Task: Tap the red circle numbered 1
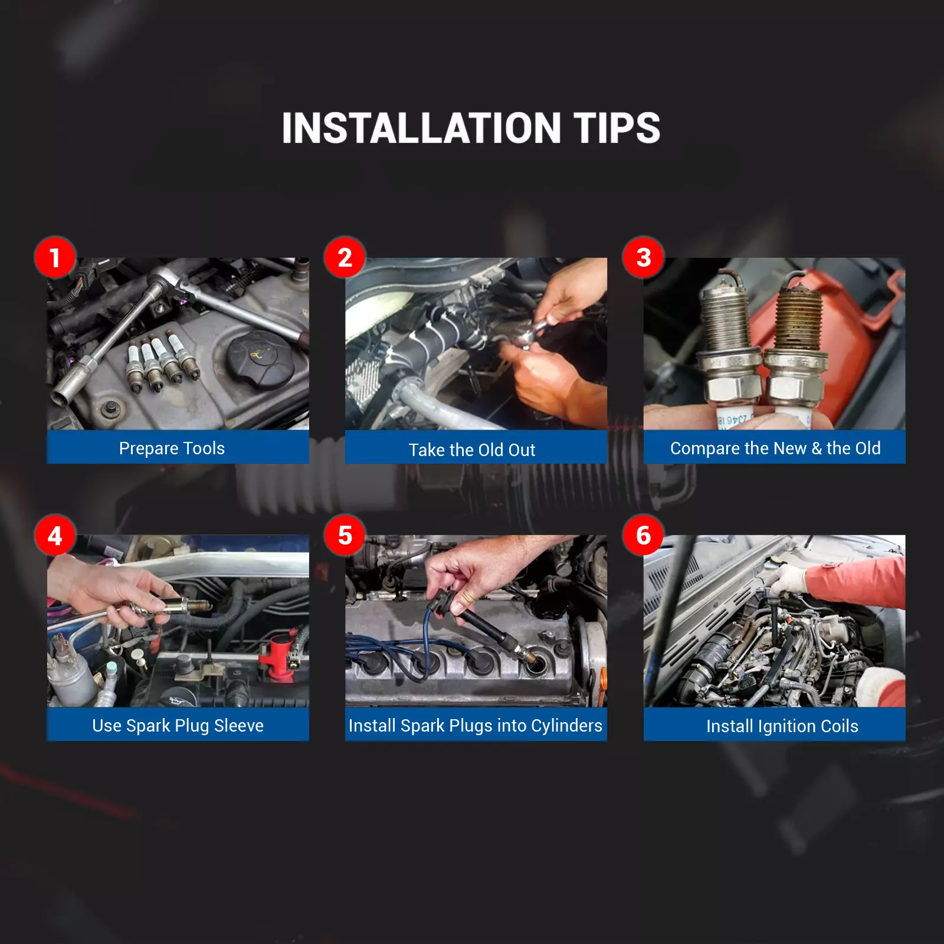[55, 257]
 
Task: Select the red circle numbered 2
[345, 257]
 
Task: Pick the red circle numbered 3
[643, 257]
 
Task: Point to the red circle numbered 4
[55, 535]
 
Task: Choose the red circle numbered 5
[345, 535]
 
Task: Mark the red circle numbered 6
[643, 535]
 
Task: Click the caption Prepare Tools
[172, 448]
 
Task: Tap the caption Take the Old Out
[472, 450]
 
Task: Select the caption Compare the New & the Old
[775, 448]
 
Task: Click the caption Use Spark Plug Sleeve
[178, 726]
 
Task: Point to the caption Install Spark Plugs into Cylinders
[476, 726]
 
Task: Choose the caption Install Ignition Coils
[782, 726]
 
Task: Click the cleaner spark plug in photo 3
[729, 348]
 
